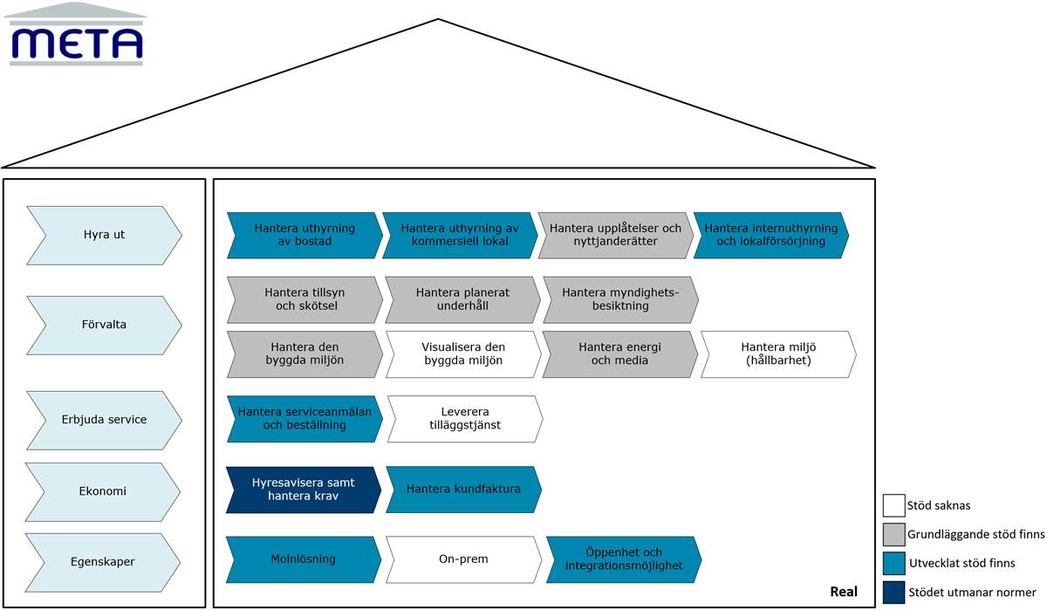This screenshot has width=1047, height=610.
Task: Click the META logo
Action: (75, 34)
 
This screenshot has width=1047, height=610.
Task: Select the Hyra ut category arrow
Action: (104, 236)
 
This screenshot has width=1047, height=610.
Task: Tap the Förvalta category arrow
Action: (104, 326)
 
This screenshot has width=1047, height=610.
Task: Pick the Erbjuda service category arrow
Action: (104, 421)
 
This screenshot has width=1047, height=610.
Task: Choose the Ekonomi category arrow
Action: (103, 491)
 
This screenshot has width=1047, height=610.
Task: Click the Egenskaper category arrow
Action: (103, 562)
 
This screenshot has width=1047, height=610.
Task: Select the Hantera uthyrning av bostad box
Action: (305, 235)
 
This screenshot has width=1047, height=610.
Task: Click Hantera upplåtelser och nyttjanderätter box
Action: (616, 235)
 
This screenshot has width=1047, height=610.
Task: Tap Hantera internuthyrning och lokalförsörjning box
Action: (771, 235)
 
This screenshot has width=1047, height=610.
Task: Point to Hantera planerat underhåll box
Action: (462, 299)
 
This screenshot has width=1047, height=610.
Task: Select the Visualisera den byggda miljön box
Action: (463, 354)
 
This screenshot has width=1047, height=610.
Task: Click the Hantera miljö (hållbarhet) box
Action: (778, 354)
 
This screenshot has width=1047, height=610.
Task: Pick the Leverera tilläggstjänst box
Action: (465, 419)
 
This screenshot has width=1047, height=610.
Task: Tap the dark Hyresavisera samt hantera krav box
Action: (304, 490)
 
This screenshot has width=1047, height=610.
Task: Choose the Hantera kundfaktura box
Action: (463, 490)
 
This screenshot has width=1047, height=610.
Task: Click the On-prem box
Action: (463, 559)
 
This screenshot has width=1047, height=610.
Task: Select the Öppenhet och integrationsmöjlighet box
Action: (624, 559)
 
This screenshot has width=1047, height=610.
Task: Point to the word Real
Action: (844, 592)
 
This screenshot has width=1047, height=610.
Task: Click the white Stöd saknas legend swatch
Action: (893, 505)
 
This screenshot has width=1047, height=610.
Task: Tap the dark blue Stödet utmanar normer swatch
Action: (893, 593)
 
